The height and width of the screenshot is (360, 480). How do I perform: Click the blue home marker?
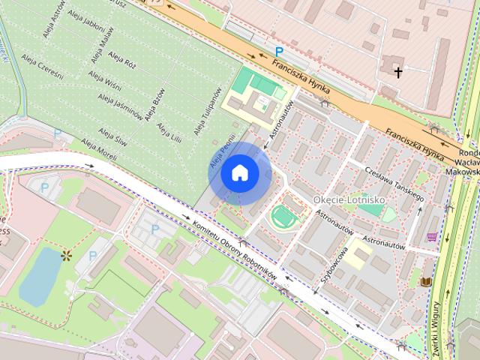(x=240, y=173)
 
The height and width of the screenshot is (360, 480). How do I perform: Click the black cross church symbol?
(x=397, y=72)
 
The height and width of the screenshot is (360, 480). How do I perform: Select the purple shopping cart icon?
(x=432, y=236)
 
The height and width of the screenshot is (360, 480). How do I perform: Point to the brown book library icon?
(x=427, y=281)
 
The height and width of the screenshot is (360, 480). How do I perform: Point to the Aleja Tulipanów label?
(x=208, y=113)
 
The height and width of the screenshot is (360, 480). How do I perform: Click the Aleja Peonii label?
(x=217, y=153)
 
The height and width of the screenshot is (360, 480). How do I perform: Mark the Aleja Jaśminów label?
(x=120, y=107)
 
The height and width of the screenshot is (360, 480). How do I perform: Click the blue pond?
(x=39, y=276)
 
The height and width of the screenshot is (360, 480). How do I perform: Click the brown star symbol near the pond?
(x=66, y=256)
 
